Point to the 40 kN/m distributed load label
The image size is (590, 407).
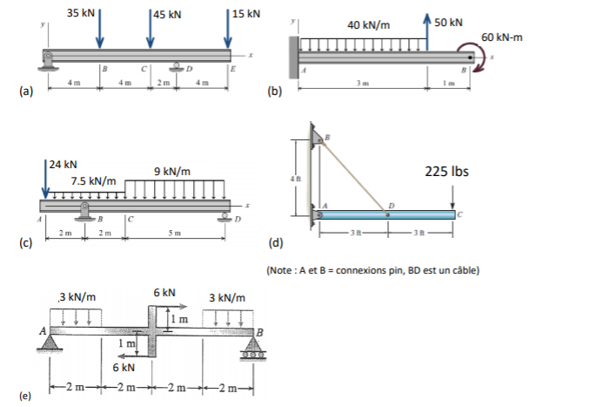click(x=368, y=26)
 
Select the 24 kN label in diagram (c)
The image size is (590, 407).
click(x=64, y=164)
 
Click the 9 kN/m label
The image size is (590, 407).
click(x=172, y=172)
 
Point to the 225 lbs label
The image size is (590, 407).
click(x=447, y=171)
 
